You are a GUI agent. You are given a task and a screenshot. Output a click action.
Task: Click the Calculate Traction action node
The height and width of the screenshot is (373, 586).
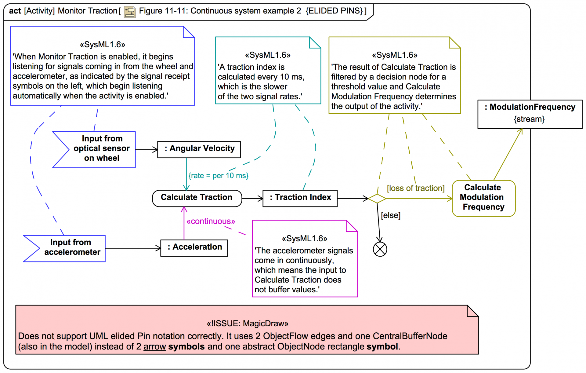(197, 198)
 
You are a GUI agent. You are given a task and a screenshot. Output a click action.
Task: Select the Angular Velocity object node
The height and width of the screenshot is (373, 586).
(199, 149)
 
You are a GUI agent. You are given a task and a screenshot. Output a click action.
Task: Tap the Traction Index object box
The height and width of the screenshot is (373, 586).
(300, 198)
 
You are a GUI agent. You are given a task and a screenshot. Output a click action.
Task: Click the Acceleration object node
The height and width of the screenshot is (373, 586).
(194, 248)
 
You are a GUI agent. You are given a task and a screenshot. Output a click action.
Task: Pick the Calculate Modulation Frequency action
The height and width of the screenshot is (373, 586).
(483, 198)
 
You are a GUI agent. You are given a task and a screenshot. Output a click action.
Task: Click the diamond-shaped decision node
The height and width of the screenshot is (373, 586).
(377, 199)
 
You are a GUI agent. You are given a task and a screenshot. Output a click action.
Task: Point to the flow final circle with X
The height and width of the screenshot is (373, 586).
(380, 249)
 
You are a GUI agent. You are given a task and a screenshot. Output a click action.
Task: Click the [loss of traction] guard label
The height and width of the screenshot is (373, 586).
(415, 188)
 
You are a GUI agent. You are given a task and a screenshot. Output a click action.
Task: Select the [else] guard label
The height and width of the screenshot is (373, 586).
(390, 215)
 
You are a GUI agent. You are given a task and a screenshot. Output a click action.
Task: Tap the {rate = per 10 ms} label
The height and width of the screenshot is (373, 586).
(218, 176)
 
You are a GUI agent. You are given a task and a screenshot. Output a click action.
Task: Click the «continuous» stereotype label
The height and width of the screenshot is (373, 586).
(211, 221)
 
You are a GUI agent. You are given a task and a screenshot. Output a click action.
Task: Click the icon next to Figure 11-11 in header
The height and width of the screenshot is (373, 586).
(130, 12)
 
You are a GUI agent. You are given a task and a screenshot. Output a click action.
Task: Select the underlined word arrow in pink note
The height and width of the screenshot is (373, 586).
(154, 347)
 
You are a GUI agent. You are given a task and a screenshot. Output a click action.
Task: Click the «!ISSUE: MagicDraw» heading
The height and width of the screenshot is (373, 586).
(247, 324)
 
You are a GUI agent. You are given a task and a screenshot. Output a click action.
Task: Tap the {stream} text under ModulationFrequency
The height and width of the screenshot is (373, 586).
(529, 119)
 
